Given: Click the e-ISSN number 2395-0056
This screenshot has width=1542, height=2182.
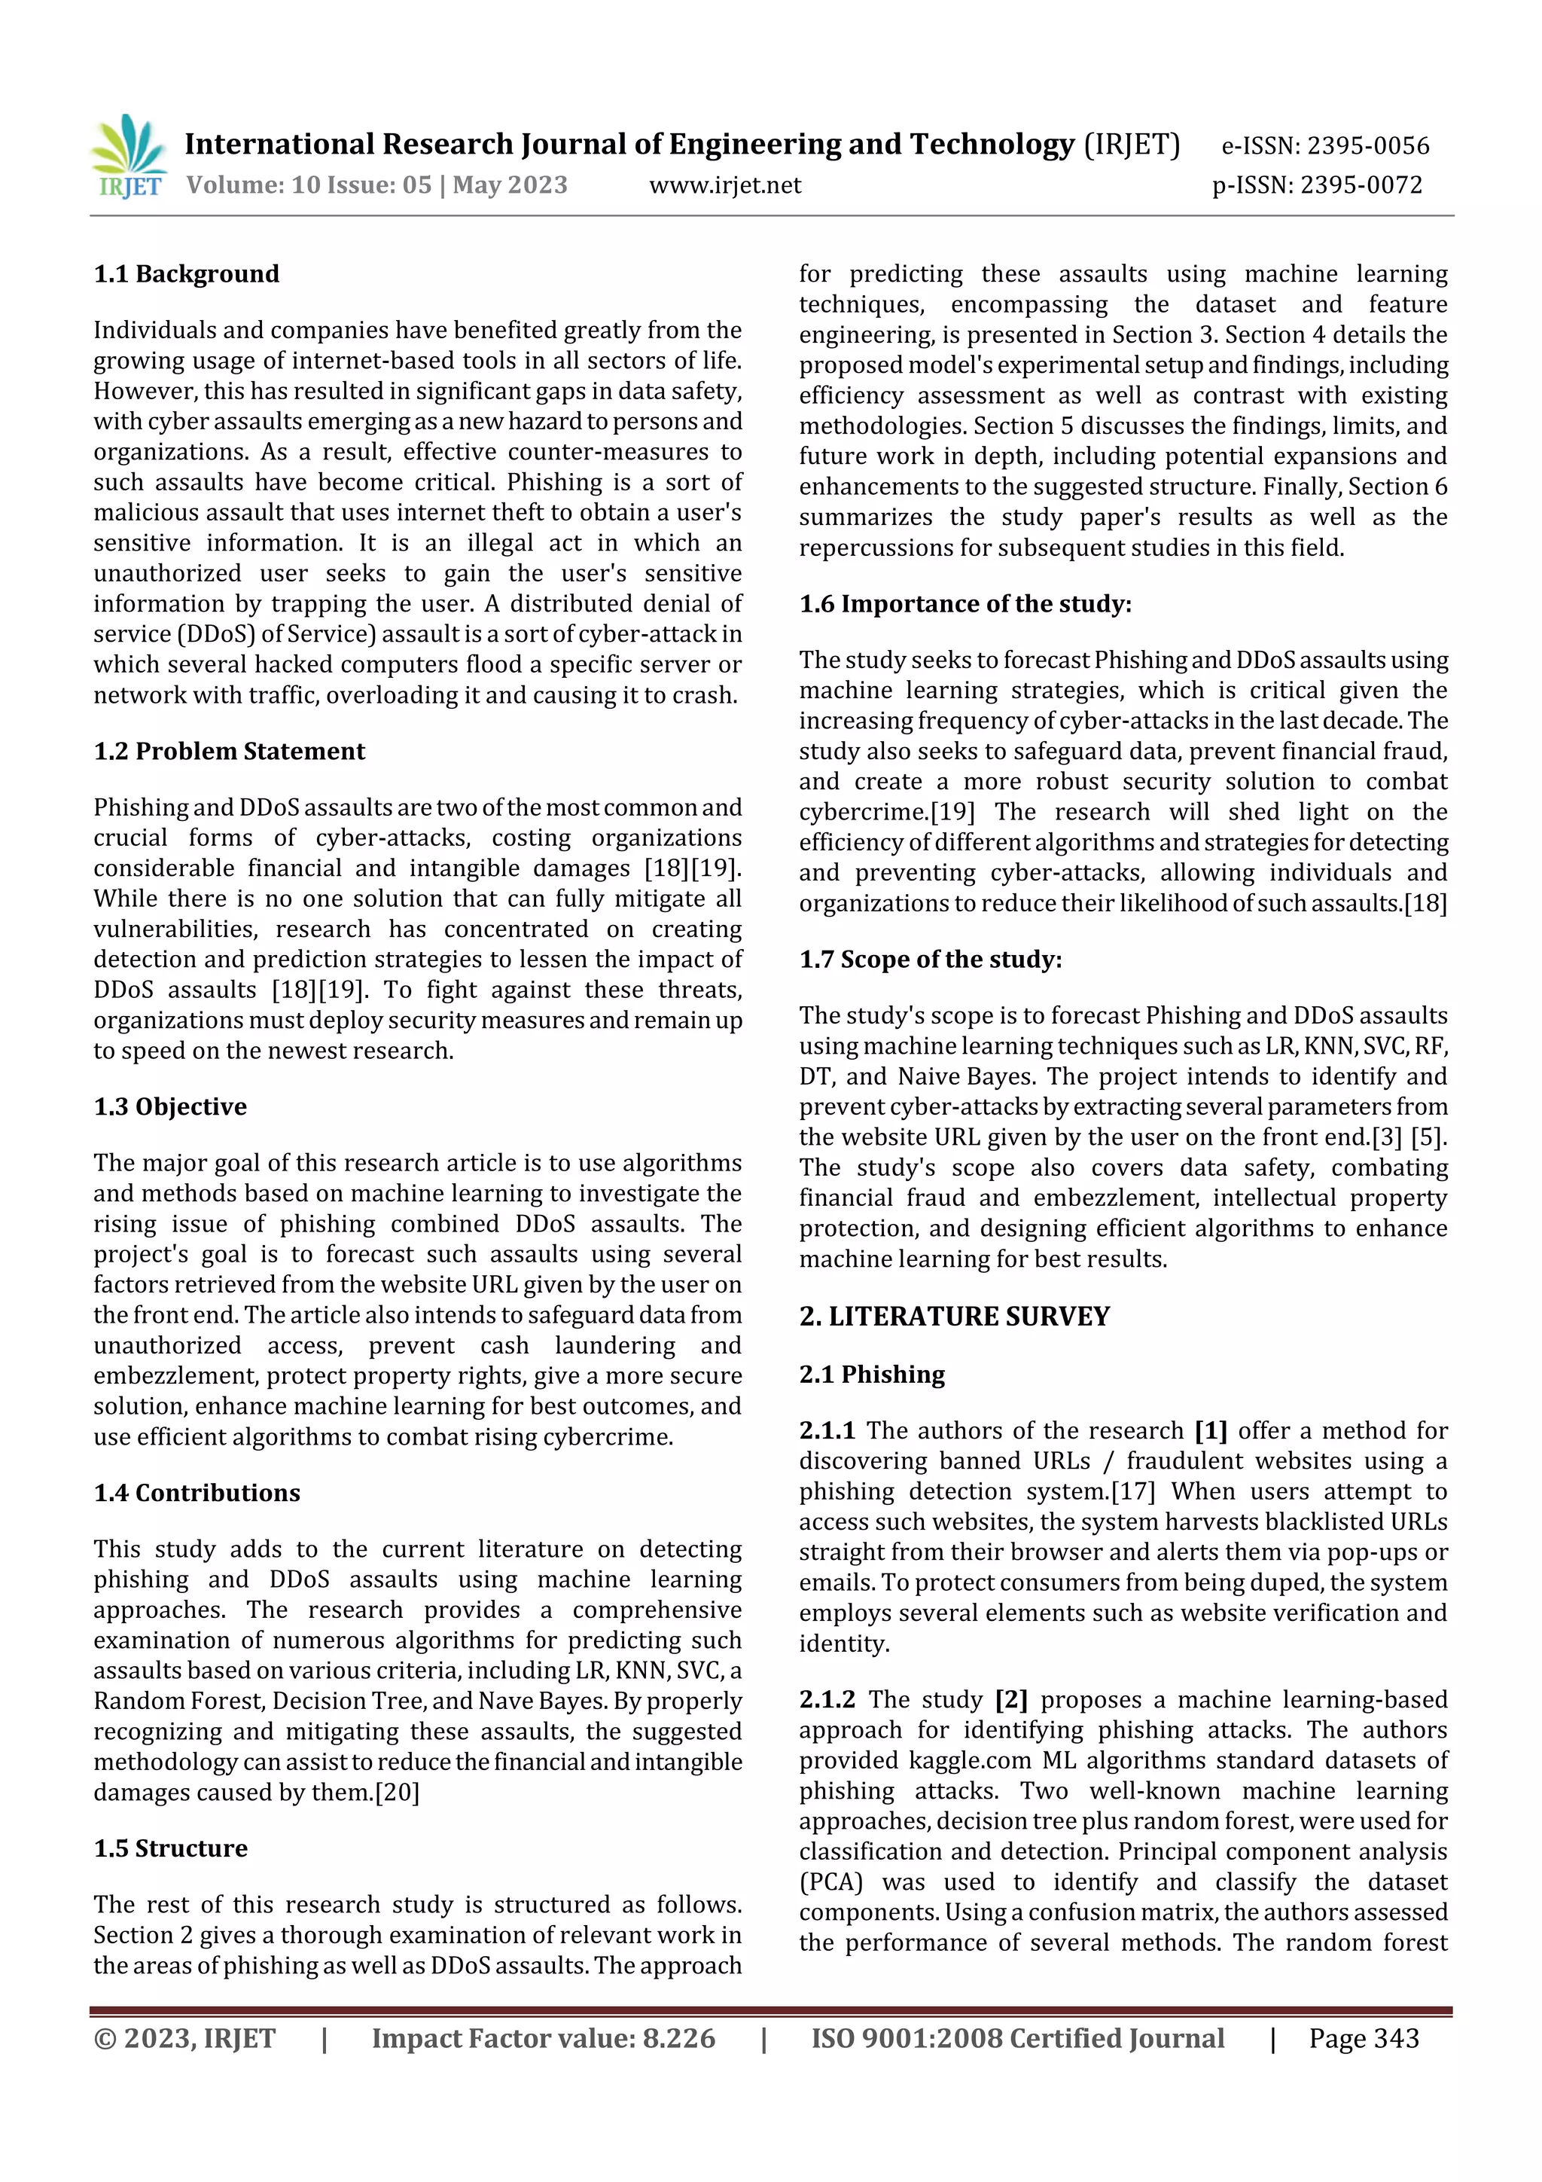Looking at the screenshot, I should point(1367,145).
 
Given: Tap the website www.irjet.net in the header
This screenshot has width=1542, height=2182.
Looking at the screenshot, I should point(725,185).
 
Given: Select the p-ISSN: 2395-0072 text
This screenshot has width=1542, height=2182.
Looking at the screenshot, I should point(1317,185).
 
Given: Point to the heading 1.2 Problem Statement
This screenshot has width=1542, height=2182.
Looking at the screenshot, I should point(229,751).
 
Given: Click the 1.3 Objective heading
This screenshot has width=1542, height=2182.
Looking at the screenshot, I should point(170,1106).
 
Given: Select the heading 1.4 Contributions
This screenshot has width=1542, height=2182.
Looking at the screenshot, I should point(197,1492).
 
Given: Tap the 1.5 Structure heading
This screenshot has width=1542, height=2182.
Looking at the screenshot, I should point(170,1848).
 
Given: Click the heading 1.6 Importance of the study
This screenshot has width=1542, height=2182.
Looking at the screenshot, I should point(965,603).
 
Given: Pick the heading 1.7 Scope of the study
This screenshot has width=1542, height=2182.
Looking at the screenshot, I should point(930,959).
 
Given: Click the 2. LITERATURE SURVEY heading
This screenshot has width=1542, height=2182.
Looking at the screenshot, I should point(954,1317).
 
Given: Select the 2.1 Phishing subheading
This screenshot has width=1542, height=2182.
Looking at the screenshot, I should point(872,1375).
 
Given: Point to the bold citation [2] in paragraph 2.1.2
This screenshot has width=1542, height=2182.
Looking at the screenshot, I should point(1012,1699).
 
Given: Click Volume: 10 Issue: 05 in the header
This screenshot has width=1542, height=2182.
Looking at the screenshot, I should point(309,185).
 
